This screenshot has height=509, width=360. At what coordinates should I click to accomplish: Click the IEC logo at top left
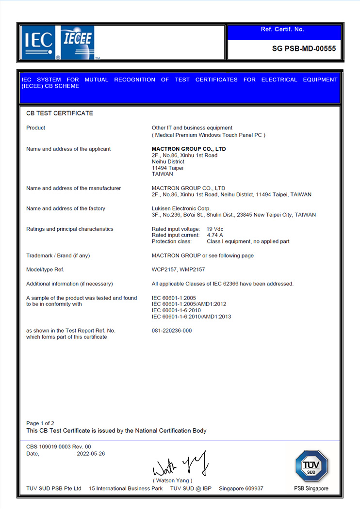click(38, 43)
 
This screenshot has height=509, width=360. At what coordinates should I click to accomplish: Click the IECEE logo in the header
click(77, 42)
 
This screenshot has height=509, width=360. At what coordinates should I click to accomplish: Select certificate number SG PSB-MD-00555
click(304, 48)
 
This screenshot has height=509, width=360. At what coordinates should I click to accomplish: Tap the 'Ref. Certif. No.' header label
click(282, 29)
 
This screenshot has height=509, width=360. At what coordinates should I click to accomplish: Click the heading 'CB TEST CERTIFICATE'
click(60, 113)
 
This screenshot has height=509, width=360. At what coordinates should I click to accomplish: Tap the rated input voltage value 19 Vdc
click(215, 229)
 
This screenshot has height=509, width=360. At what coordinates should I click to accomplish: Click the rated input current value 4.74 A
click(215, 235)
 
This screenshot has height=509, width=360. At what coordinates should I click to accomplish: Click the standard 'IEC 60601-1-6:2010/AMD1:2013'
click(191, 317)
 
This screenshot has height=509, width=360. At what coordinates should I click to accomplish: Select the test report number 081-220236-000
click(172, 331)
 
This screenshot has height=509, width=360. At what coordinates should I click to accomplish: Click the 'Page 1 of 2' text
click(40, 423)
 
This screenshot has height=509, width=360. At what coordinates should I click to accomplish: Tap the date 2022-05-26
click(91, 454)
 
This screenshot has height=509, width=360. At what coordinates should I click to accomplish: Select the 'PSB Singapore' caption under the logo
click(311, 488)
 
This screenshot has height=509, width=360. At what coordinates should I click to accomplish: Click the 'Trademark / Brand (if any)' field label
click(58, 255)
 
